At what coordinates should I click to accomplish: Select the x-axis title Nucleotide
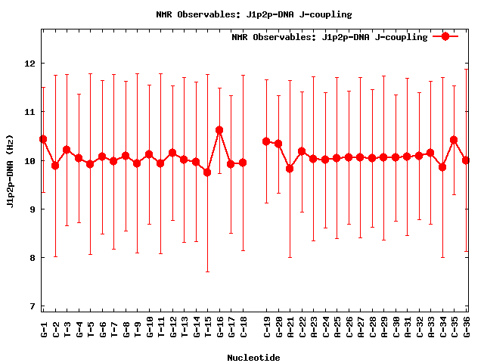coord(253,358)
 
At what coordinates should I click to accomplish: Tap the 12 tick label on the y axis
coord(29,64)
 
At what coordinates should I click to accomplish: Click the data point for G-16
coord(219,130)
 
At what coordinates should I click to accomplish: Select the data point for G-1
coord(43,139)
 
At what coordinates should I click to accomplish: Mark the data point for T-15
coord(207,172)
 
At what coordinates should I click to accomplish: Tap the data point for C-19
coord(266,141)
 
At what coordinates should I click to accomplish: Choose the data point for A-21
coord(290,169)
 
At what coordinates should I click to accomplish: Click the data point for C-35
coord(454,140)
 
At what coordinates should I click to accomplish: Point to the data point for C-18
coord(243,163)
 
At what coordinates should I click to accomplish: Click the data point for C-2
coord(55,166)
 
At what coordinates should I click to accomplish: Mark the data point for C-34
coord(442,167)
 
